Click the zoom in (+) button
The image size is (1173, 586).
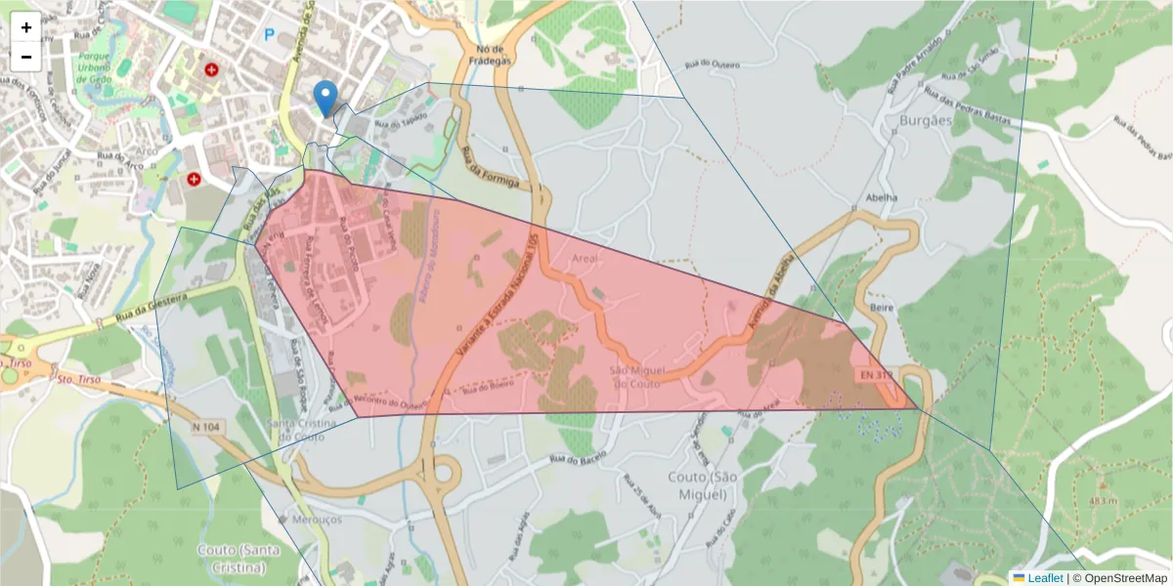click(26, 27)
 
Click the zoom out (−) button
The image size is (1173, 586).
click(26, 57)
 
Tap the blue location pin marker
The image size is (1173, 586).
click(326, 98)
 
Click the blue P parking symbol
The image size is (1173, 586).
click(269, 35)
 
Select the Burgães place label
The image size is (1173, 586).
click(924, 121)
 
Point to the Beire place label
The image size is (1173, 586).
click(881, 307)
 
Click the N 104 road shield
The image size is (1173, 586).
click(207, 426)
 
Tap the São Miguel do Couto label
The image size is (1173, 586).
click(636, 377)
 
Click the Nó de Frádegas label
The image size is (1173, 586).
click(490, 56)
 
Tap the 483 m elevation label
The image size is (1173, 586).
click(1103, 501)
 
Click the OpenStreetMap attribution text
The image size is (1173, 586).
click(1120, 578)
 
